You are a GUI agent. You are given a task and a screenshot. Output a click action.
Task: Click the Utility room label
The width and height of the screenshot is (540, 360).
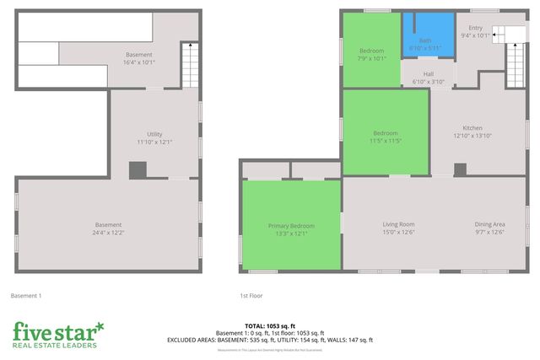point(154,137)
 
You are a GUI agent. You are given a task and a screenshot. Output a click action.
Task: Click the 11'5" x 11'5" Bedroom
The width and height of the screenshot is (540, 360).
point(386,137)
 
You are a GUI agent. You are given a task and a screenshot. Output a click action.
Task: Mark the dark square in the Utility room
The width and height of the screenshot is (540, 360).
point(138,169)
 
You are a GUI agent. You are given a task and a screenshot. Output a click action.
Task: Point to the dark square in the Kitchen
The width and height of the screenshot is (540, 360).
point(460,169)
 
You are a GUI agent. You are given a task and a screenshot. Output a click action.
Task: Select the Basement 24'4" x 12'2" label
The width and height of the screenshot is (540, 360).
point(108,228)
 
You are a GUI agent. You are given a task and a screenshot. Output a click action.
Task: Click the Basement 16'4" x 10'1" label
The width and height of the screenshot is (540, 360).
point(139,58)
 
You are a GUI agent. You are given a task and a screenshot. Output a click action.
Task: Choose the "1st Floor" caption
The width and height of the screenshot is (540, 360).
point(251,296)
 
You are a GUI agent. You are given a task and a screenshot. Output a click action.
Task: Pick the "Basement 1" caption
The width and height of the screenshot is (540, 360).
point(26,296)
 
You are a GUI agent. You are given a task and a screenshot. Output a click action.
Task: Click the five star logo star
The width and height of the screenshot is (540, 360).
point(100,325)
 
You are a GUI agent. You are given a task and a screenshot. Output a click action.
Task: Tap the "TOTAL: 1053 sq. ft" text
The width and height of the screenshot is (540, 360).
point(270,325)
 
